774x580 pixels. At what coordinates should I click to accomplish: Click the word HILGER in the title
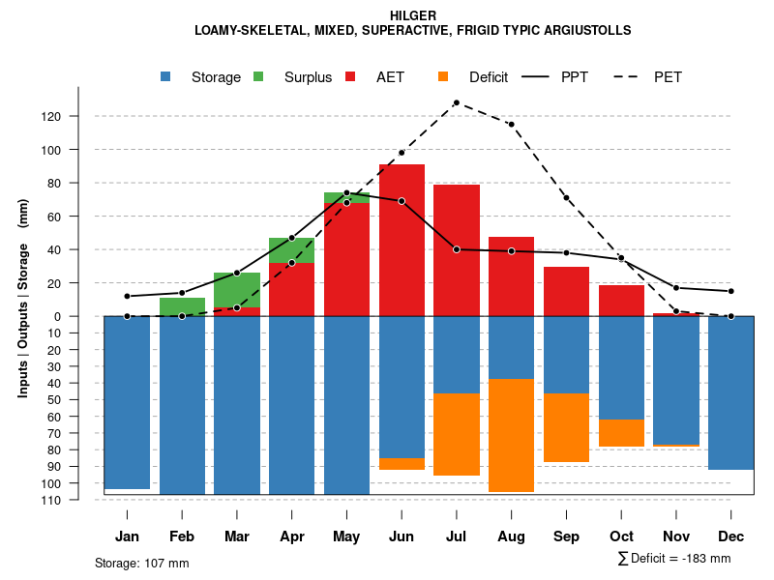413,15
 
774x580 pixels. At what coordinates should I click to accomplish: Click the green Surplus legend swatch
258,76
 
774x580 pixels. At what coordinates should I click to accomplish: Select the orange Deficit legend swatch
443,76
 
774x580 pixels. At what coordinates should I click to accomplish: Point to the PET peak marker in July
456,102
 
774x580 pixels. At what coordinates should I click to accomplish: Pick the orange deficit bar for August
511,435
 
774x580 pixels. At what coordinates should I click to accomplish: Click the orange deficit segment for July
456,434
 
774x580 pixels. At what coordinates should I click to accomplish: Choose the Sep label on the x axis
566,536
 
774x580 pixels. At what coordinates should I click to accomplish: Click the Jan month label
128,536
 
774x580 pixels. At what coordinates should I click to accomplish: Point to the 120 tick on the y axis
77,117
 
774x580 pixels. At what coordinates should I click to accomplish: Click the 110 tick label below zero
77,500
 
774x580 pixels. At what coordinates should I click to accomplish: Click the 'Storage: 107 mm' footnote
141,563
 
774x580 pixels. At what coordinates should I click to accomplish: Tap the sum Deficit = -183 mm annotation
673,558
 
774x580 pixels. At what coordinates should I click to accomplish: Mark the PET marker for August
511,125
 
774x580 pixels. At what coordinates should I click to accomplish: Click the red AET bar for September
566,291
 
